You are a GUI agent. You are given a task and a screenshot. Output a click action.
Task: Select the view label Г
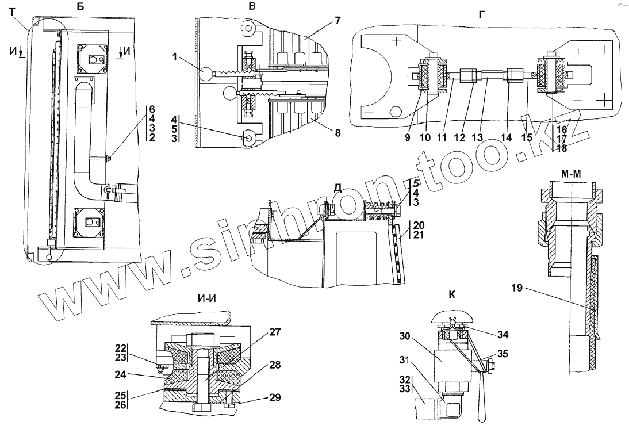(481, 16)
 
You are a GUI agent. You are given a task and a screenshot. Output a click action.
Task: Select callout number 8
(337, 133)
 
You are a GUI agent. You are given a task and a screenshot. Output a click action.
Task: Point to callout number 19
(517, 288)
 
